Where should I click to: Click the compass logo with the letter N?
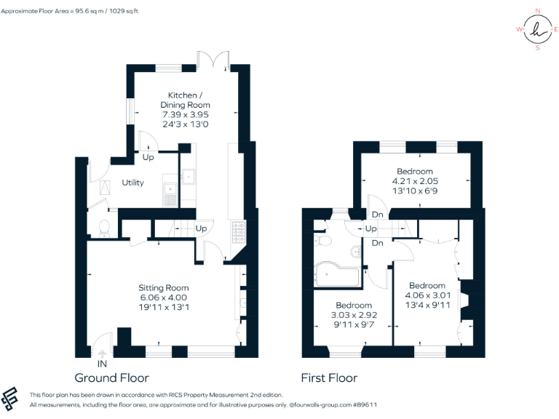[x=537, y=30]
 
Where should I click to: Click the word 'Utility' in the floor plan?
[x=132, y=183]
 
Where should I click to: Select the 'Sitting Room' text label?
[x=164, y=287]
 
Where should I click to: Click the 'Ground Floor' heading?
[x=111, y=378]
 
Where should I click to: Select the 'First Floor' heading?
[x=329, y=378]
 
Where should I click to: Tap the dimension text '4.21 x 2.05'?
[x=415, y=181]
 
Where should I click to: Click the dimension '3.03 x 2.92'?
[x=354, y=315]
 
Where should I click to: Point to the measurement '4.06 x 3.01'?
[x=427, y=295]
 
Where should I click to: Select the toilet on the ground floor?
[x=103, y=228]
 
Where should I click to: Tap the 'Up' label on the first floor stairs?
[x=370, y=228]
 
